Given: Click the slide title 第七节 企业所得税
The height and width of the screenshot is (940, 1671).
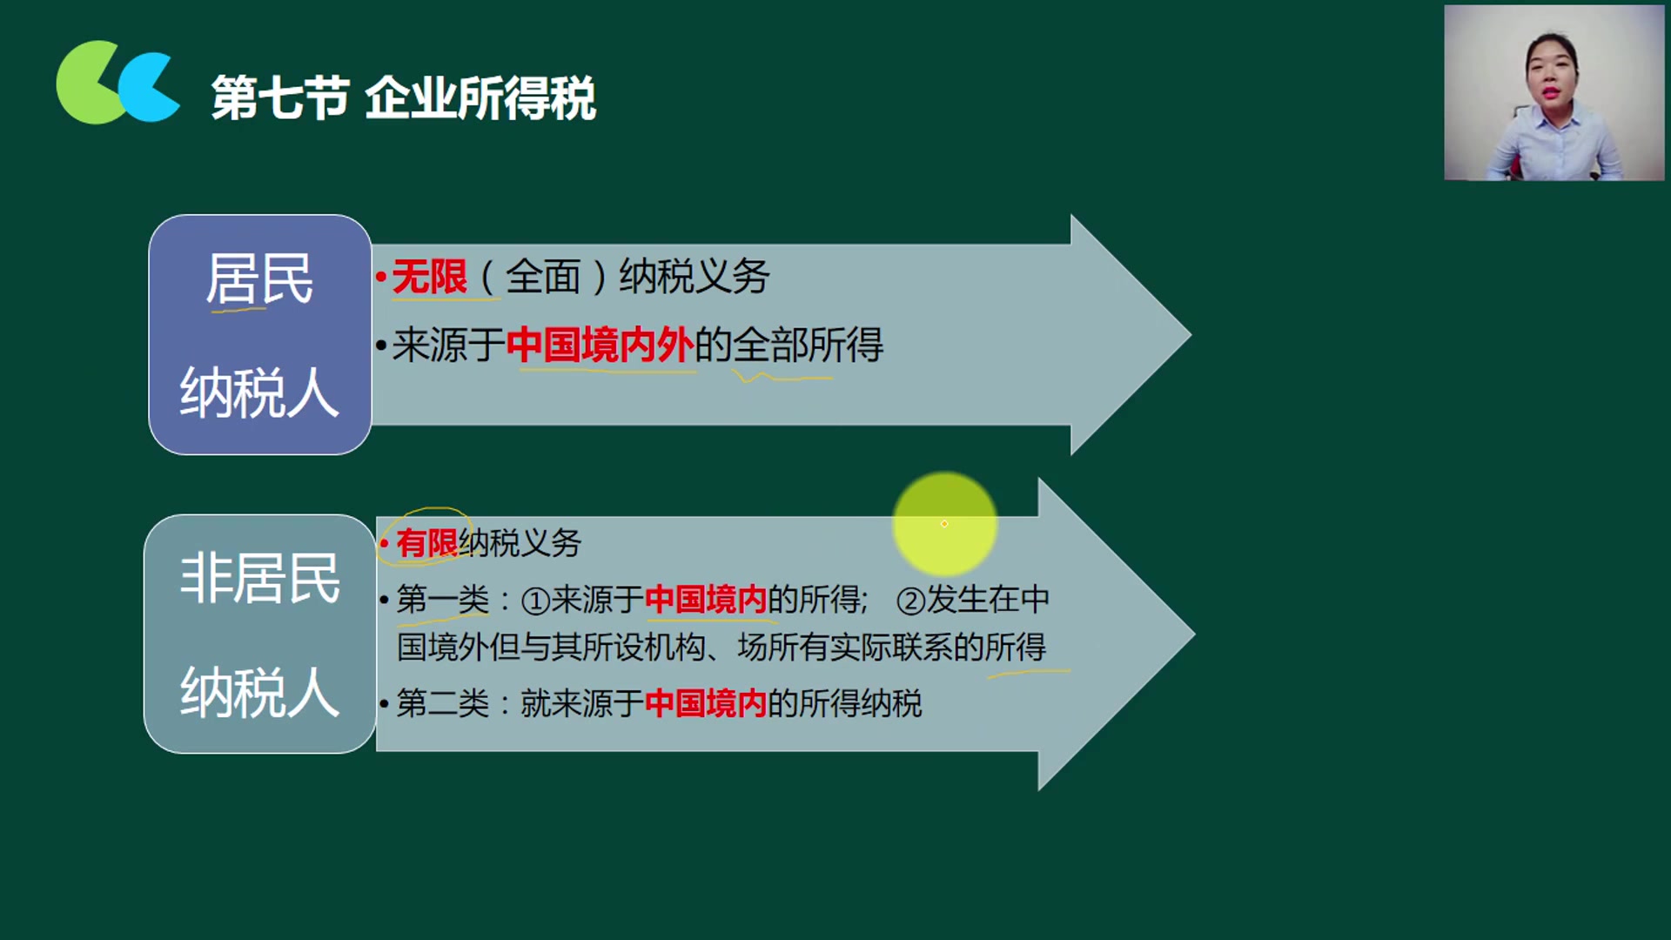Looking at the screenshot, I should click(403, 97).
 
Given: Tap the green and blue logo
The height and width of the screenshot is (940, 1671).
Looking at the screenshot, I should click(117, 83).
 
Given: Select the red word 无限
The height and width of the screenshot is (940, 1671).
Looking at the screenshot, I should click(429, 278).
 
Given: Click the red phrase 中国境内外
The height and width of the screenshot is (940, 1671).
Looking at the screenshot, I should click(600, 345).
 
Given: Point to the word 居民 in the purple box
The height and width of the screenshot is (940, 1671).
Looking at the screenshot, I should click(259, 279).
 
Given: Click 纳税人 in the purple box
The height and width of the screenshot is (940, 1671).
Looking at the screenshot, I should click(259, 393).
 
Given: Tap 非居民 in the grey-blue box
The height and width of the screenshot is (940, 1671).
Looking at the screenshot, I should click(259, 579).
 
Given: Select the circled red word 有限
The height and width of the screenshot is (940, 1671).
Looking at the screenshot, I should click(426, 543).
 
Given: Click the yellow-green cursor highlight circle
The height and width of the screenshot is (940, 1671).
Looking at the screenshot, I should click(944, 524).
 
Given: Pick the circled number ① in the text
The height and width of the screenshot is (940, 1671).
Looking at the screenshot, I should click(535, 601).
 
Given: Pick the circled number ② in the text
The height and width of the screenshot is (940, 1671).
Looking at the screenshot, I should click(910, 601).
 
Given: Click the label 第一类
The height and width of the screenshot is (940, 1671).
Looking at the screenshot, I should click(442, 600).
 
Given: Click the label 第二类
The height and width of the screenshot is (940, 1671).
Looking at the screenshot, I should click(442, 703).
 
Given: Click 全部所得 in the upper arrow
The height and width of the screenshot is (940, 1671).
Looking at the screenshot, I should click(808, 346).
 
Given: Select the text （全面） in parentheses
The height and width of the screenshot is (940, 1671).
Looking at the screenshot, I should click(542, 278).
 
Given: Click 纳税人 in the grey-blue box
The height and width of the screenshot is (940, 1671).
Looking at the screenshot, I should click(259, 694).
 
